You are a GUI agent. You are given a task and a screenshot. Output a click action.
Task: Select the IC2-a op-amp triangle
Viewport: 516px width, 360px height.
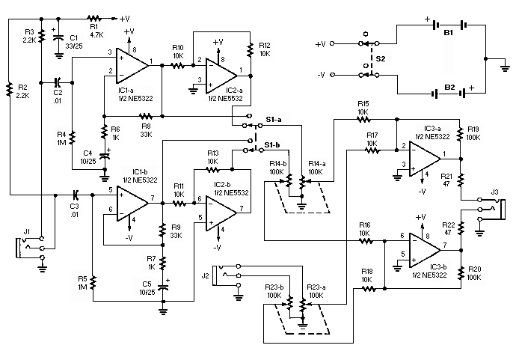point(221,71)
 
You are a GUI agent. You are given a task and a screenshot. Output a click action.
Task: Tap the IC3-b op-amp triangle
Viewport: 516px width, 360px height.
point(426,245)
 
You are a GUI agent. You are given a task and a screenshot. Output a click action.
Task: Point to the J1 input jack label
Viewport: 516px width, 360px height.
point(27,231)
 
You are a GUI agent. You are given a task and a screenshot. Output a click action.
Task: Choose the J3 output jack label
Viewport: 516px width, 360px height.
point(494,193)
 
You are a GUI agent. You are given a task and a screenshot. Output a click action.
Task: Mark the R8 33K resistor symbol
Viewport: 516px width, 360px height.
point(146,116)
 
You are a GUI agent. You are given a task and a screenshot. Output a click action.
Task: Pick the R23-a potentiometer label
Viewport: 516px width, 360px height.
point(316,287)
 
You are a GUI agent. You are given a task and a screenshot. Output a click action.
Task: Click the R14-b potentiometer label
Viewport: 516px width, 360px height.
point(259,162)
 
